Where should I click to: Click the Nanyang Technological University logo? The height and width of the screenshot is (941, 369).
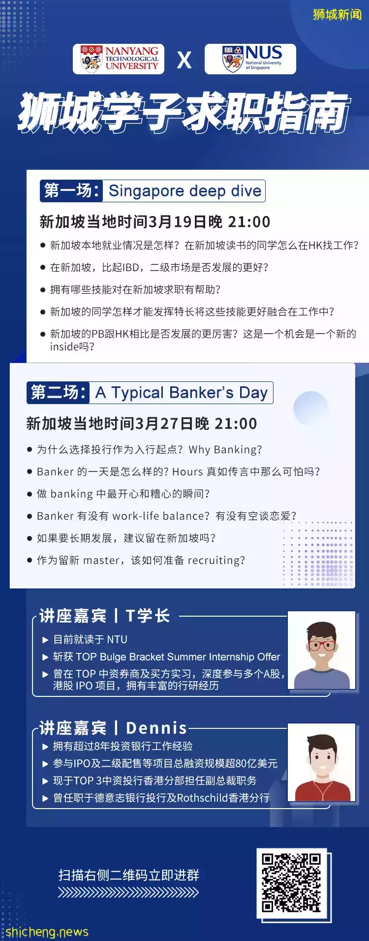coord(119,59)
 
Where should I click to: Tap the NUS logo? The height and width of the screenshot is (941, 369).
coord(250,59)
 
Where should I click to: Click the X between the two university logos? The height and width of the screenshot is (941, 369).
coord(184,60)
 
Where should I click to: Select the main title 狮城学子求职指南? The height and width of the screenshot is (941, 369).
coord(184,113)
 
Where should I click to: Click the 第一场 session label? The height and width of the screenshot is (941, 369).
coord(72,190)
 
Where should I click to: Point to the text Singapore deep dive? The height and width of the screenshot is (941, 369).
coord(184,191)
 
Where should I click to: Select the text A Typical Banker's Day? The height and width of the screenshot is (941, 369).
coord(182,393)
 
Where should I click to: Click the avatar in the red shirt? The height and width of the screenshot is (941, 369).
coord(322,762)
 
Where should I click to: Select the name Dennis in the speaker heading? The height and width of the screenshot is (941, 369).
coord(156,728)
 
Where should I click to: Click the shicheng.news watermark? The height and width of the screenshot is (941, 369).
coord(47,932)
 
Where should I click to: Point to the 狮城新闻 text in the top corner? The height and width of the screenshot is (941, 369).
coord(337,15)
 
